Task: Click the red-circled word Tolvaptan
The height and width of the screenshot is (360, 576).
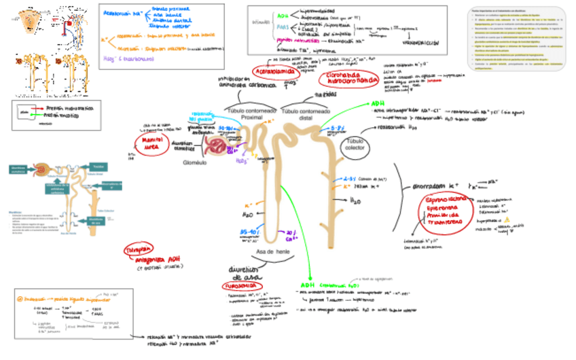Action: [x=138, y=250]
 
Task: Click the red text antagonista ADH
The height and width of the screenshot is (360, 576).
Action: [x=155, y=259]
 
